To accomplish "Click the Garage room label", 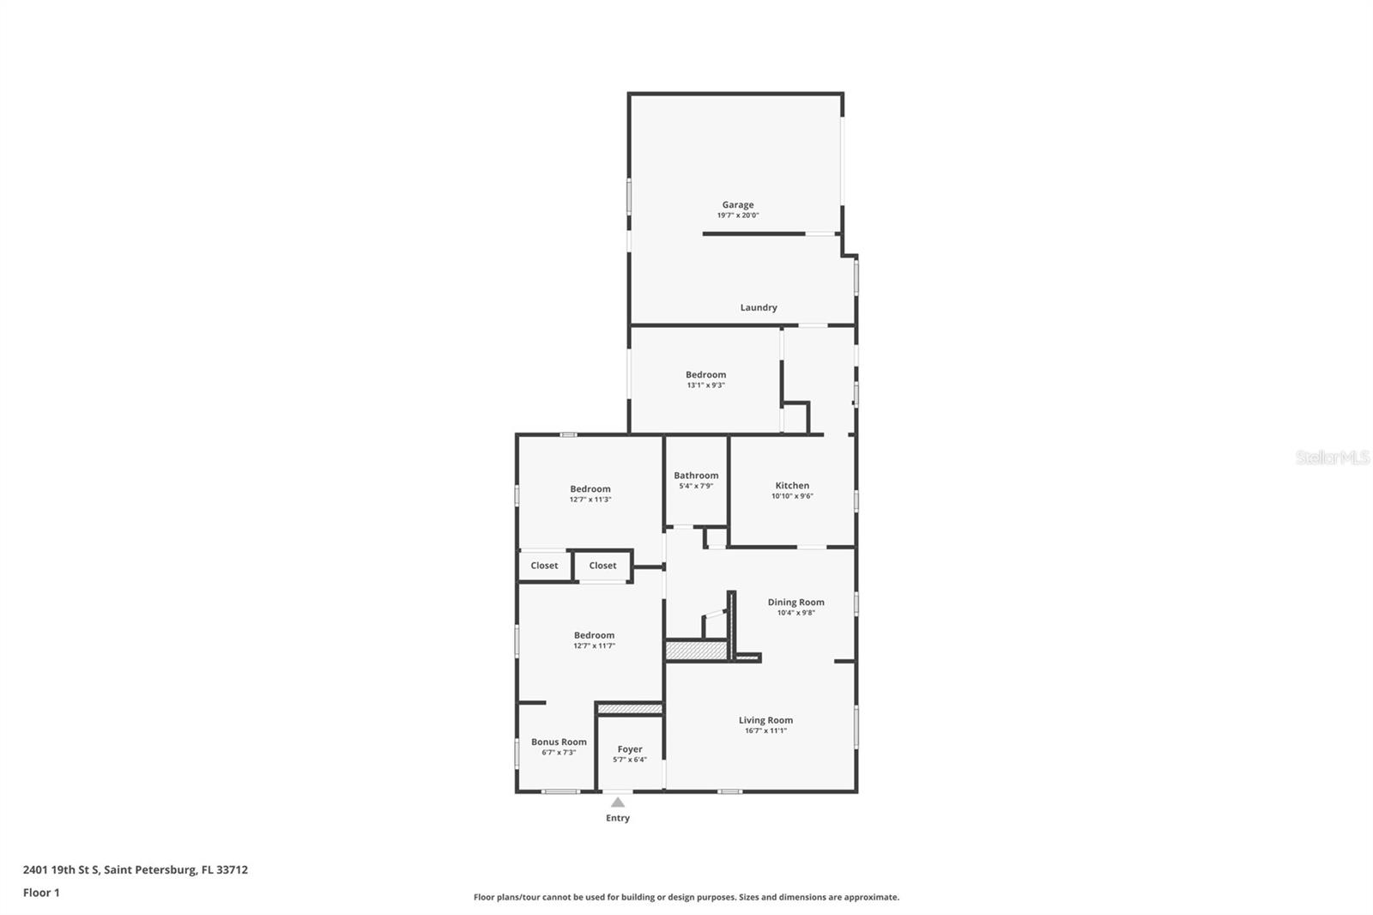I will tap(737, 204).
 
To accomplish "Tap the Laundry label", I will tap(759, 307).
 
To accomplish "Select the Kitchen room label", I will tap(792, 485).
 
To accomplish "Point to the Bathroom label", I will tap(696, 475).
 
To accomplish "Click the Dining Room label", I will tap(795, 602).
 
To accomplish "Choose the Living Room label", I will tap(765, 720).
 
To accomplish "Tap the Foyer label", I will tap(630, 749).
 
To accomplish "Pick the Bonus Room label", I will tap(559, 742).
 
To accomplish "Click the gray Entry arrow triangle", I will tap(618, 803).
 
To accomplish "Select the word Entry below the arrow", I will tap(618, 818).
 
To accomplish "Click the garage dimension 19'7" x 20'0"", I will tap(738, 215).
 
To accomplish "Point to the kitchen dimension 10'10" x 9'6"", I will tap(792, 496).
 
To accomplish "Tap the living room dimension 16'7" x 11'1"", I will tap(765, 731).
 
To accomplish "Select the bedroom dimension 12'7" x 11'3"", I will tap(590, 500).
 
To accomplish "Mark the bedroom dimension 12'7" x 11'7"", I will tap(594, 646).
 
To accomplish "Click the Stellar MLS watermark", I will tap(1332, 458).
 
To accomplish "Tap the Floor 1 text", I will tap(41, 893).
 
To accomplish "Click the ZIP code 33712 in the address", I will tap(232, 870).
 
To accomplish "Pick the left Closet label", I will tap(544, 566).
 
